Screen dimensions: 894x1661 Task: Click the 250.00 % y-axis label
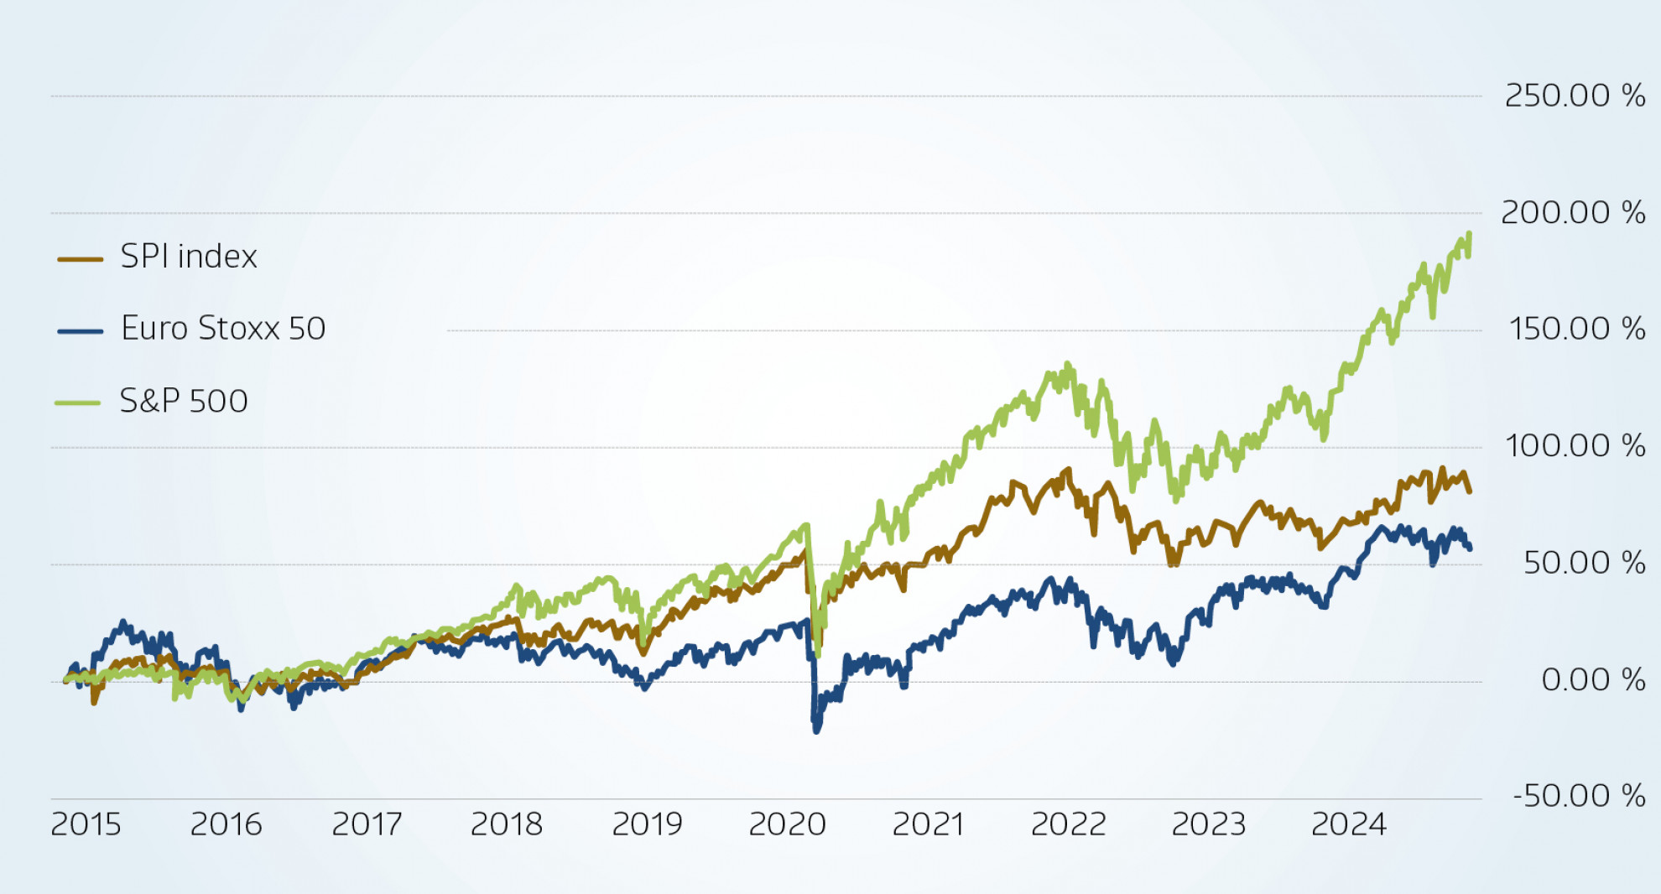(1575, 96)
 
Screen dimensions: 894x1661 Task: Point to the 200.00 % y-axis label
(1573, 212)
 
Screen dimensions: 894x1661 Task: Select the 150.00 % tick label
(1576, 329)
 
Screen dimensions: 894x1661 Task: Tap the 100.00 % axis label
(1575, 445)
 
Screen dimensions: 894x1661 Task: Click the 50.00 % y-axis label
(1584, 563)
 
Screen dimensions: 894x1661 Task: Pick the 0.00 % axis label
(1593, 679)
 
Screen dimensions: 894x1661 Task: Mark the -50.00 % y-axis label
(1579, 796)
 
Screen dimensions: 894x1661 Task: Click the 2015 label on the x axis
(86, 825)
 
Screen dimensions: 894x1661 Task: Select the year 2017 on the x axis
(367, 825)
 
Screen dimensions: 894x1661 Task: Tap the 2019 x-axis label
(647, 825)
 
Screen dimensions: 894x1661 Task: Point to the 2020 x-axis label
(787, 825)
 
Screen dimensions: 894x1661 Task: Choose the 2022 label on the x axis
(1068, 825)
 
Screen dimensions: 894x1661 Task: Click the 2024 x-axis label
(1348, 825)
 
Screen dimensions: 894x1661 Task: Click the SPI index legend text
(189, 257)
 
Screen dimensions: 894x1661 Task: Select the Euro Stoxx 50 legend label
(223, 329)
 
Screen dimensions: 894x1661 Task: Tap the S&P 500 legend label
(184, 402)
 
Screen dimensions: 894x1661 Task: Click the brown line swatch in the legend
(80, 259)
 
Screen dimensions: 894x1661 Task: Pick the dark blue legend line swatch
(80, 331)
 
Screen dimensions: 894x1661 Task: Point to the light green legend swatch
(77, 403)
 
